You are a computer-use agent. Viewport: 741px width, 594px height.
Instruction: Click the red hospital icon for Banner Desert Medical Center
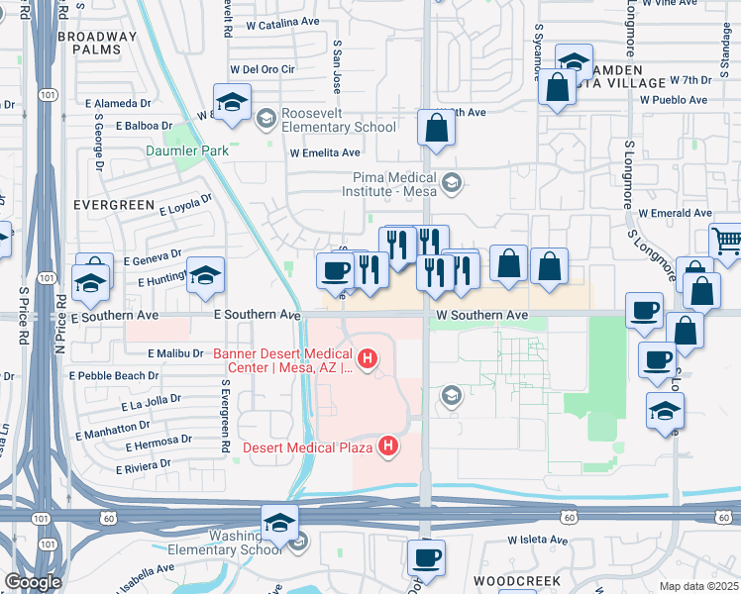tap(368, 357)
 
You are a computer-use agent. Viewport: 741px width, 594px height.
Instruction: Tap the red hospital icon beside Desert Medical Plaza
tap(388, 447)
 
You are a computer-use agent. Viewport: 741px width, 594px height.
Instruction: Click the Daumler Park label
tap(187, 150)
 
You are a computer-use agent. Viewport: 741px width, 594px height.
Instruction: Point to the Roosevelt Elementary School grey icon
tap(265, 120)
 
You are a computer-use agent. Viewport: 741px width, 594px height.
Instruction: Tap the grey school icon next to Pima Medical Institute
tap(452, 181)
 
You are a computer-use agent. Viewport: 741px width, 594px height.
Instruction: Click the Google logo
tap(32, 582)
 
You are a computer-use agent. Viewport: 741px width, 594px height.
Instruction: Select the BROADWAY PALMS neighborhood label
tap(97, 43)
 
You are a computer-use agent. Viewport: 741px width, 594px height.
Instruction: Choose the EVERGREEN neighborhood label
tap(114, 205)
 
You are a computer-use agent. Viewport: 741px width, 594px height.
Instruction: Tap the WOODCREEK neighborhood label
tap(516, 580)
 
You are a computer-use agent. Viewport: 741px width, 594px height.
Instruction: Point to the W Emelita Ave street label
tap(325, 152)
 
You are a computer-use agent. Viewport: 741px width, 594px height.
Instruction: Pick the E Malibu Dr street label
tap(179, 353)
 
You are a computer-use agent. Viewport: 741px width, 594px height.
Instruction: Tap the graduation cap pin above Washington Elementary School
tap(279, 522)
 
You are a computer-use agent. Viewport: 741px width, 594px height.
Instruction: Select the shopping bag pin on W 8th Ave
tap(436, 127)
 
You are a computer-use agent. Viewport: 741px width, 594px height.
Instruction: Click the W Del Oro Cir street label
tap(263, 69)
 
